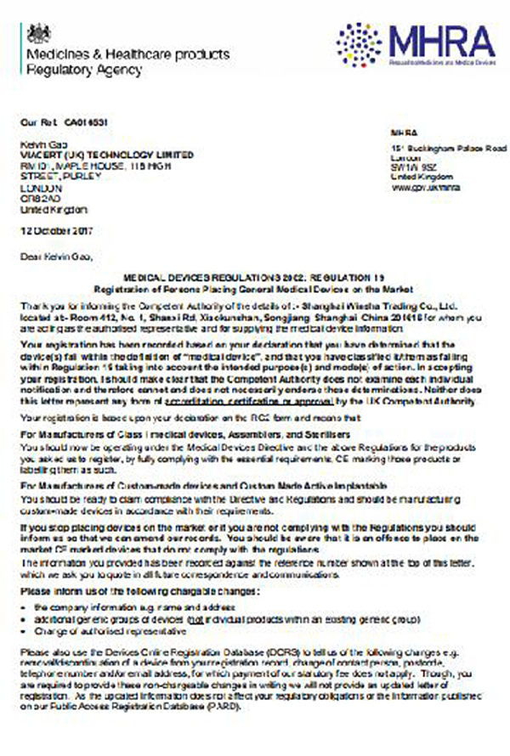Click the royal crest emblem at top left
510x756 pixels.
(x=39, y=33)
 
